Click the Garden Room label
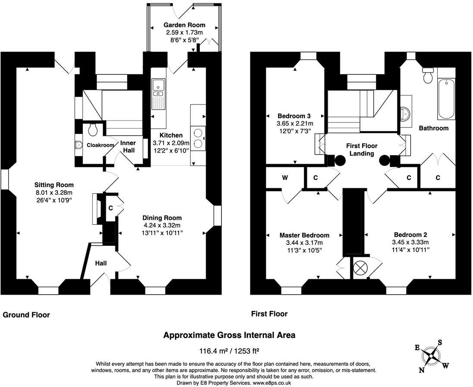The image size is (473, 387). click(184, 25)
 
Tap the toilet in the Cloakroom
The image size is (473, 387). click(92, 129)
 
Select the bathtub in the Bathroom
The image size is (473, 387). click(446, 99)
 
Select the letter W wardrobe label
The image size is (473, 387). click(285, 178)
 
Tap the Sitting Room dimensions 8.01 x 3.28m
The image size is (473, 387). click(54, 193)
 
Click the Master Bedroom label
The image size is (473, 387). click(304, 235)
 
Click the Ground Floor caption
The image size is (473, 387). click(26, 315)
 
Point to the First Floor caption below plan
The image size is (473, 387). click(269, 314)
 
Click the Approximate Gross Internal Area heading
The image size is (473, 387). click(229, 335)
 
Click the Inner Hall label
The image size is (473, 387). click(128, 146)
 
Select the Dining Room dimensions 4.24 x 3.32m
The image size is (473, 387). click(162, 225)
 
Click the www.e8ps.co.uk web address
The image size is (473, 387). click(272, 383)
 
